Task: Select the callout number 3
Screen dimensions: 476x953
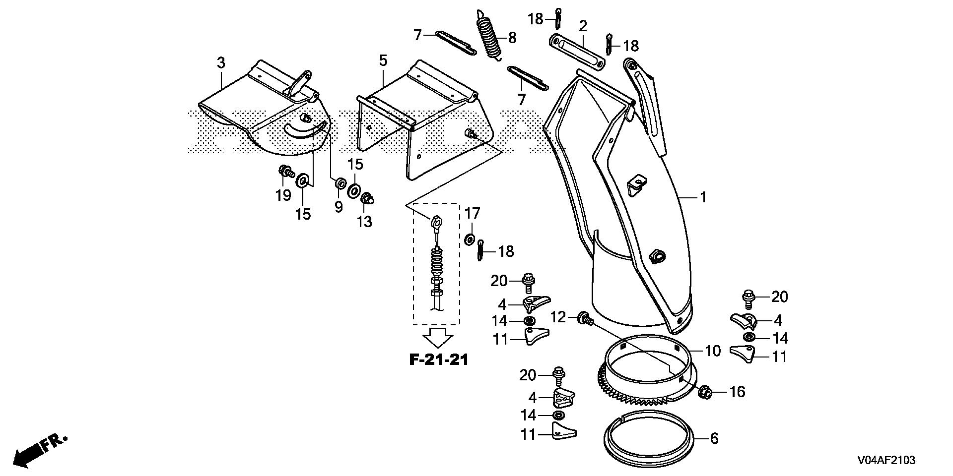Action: point(221,63)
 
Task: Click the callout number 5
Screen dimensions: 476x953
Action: point(383,61)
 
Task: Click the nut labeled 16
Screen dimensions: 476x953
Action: point(703,392)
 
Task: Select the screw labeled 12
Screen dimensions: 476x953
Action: point(584,318)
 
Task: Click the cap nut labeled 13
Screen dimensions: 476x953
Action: point(366,199)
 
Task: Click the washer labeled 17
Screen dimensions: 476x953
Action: point(469,240)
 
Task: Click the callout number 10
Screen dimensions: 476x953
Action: point(713,351)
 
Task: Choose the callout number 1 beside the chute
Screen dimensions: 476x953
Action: point(702,197)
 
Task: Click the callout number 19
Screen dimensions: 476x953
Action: point(283,196)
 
